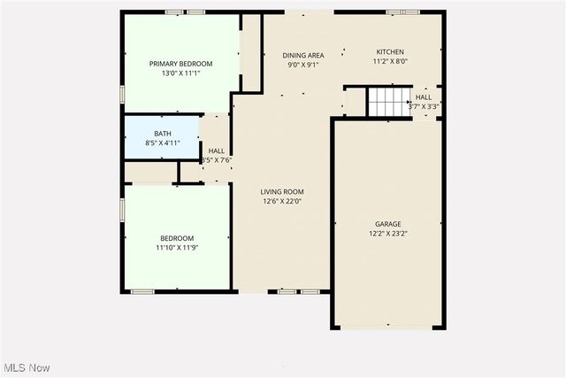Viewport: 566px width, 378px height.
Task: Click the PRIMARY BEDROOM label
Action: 180,64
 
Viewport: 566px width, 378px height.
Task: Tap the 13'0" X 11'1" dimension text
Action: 180,73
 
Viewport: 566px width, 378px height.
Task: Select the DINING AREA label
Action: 302,55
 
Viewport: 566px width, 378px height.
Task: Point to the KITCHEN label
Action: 390,52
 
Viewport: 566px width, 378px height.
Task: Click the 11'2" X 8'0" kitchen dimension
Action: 390,62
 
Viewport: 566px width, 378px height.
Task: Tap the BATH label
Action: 163,134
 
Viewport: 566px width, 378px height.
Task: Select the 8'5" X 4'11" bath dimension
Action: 163,143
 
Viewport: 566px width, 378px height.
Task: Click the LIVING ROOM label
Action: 282,192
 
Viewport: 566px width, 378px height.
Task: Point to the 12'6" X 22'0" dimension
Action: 282,201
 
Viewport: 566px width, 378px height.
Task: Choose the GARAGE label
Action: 387,224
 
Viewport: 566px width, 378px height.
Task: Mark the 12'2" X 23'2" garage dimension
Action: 387,234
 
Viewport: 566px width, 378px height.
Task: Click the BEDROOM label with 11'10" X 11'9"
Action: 176,238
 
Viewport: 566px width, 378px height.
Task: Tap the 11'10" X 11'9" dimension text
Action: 176,248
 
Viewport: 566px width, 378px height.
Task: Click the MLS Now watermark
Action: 26,367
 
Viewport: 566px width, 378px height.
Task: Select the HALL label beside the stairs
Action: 424,97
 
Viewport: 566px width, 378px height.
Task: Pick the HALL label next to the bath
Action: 216,151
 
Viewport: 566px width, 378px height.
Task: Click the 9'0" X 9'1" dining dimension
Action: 302,65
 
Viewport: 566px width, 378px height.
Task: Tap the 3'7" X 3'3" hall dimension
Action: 424,106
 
